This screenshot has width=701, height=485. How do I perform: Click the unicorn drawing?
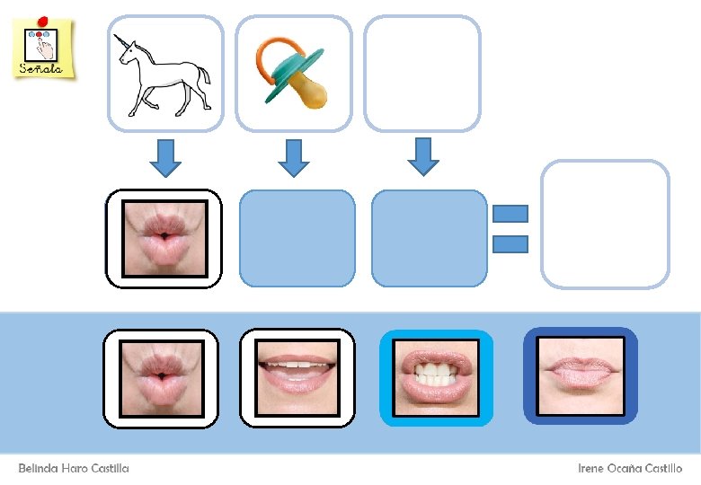pos(164,74)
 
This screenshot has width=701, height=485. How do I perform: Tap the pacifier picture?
pos(292,72)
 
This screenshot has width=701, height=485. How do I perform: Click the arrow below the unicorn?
pos(164,157)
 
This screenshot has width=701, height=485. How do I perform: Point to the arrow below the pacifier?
pos(293,157)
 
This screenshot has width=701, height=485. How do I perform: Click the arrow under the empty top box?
pos(422,156)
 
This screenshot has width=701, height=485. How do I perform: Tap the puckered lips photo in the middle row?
pos(164,238)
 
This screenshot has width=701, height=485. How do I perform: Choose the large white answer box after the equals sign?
pos(605,224)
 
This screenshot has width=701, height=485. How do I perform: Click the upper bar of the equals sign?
pos(510,214)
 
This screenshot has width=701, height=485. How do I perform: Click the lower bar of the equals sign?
pos(510,243)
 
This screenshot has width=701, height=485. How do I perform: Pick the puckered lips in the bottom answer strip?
pos(161,377)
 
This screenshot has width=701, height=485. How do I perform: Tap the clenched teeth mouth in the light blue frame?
pos(436,378)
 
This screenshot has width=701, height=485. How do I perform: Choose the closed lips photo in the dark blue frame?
pos(580,375)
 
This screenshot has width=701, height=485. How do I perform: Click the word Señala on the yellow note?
pos(42,68)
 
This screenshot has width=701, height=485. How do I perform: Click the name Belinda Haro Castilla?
pos(74,468)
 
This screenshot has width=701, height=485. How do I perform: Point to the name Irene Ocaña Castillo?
pos(630,468)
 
